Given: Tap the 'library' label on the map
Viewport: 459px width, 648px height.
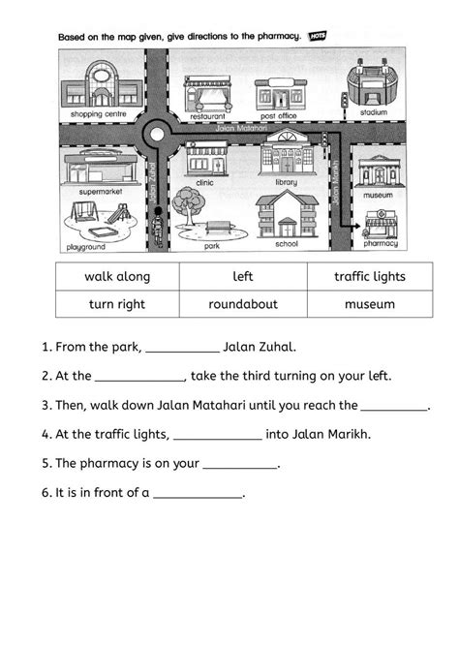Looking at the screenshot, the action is [x=287, y=181].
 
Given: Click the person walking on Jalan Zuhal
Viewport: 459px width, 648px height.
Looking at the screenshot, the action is [x=159, y=230].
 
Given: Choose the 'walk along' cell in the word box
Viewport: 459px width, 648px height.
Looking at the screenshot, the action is [x=117, y=277].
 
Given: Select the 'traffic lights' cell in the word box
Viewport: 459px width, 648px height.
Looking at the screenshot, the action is [x=369, y=277].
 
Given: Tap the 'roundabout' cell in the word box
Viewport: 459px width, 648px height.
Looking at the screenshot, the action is [x=243, y=304].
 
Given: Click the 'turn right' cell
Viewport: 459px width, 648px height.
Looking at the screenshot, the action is [x=117, y=304].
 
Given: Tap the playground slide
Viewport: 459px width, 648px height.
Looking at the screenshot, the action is [x=114, y=212].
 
